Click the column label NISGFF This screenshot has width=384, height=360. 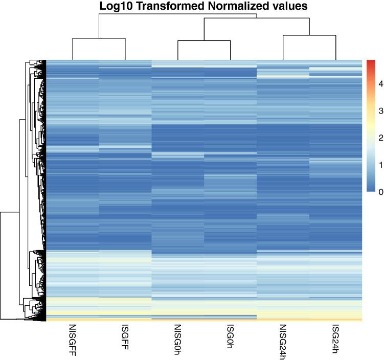tap(73, 339)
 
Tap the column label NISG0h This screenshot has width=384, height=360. tap(178, 339)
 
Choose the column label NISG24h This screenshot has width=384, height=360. tap(283, 340)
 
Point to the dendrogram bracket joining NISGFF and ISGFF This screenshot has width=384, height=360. tap(99, 38)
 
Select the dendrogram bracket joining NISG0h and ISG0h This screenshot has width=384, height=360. tap(204, 40)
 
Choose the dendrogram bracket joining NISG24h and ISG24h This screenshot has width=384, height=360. tap(309, 35)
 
